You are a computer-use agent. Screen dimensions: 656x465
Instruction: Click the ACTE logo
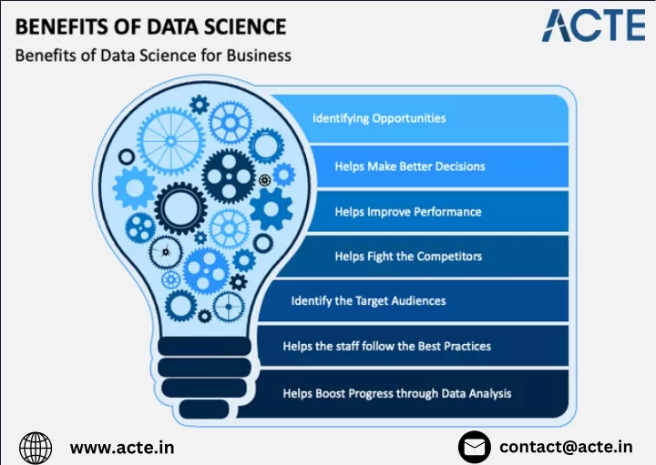coord(593,25)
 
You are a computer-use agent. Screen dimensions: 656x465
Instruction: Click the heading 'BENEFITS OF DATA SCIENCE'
coord(150,26)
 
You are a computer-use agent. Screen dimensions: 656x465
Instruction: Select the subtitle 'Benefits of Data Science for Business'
coord(153,56)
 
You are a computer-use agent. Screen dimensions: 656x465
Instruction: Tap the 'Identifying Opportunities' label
coord(379,118)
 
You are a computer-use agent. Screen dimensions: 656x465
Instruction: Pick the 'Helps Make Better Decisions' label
coord(410,167)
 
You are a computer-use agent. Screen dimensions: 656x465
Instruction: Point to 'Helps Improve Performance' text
coord(408,212)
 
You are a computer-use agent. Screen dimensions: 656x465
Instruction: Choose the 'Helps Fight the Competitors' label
coord(408,256)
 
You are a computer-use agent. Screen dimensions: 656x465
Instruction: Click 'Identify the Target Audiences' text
coord(368,301)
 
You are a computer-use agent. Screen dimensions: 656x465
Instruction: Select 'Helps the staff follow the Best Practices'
coord(386,346)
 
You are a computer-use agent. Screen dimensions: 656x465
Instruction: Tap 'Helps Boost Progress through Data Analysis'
coord(397,393)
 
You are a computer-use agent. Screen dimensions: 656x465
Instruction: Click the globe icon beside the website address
coord(36,448)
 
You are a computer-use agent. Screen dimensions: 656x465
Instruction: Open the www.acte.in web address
coord(122,448)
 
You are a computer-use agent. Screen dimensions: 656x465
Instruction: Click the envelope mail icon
coord(475,447)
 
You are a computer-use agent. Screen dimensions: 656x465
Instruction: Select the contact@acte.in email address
coord(566,447)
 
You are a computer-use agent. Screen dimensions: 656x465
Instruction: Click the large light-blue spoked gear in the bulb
coord(170,141)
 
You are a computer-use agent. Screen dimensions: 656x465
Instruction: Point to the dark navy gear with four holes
coord(229,177)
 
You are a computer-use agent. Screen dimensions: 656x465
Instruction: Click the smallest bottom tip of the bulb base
coord(204,409)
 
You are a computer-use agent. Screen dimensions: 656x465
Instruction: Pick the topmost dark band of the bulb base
coord(205,347)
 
